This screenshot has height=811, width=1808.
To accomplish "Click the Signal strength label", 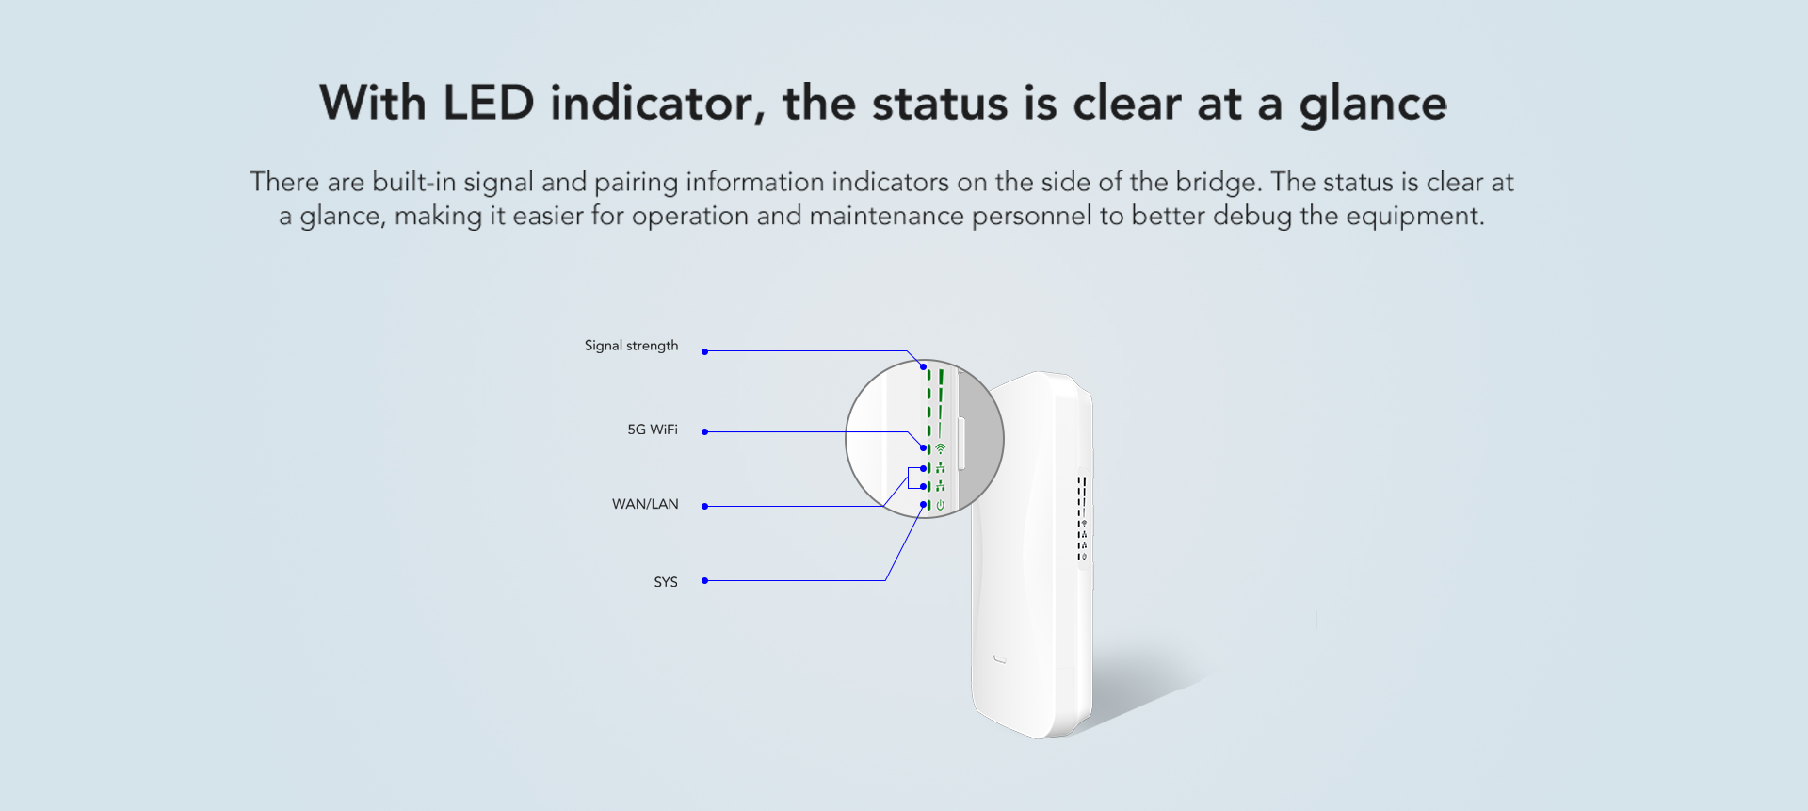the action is point(631,346).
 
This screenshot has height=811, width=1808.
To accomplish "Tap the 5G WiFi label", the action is point(653,430).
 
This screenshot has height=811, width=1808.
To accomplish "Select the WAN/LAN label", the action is point(645,504).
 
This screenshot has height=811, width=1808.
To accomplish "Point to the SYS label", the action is point(666,582).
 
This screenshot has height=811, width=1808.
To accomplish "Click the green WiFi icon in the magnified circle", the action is point(940,449).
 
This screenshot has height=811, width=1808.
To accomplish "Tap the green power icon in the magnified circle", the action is point(940,506).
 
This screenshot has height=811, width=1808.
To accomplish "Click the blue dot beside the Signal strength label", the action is point(704,351).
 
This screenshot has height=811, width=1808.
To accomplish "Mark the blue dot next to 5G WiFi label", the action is point(704,432).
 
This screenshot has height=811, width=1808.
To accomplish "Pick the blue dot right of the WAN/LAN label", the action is point(704,507).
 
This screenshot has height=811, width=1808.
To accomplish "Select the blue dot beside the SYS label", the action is point(704,581).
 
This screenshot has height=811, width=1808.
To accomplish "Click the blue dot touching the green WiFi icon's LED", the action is point(924,448).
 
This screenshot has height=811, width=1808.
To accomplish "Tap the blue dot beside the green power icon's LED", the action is point(924,505).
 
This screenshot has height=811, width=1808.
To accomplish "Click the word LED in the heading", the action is point(489,103).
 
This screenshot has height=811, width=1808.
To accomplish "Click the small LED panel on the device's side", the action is point(1083,518).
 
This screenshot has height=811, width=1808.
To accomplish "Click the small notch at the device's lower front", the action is point(1000,659).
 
